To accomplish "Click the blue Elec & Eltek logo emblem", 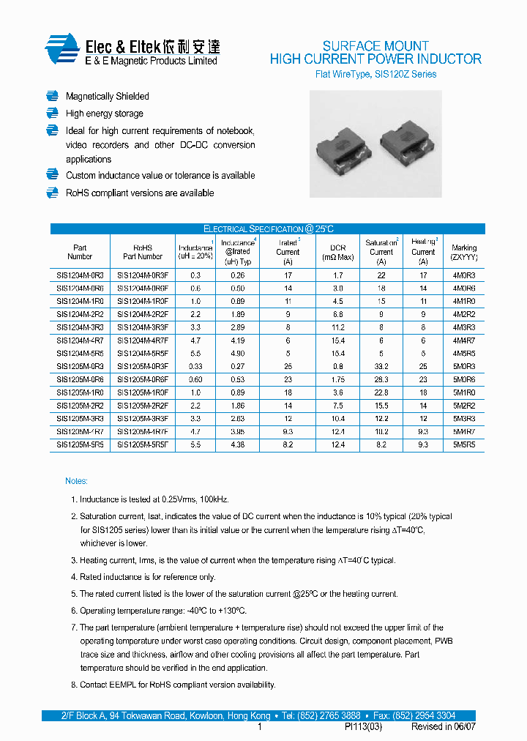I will [61, 50].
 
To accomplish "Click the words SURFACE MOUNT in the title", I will [375, 45].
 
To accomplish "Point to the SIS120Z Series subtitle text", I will [405, 74].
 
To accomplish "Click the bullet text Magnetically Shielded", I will [107, 97].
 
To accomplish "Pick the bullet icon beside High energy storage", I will [52, 113].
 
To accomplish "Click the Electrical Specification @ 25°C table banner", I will [268, 228].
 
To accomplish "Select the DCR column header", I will [337, 252].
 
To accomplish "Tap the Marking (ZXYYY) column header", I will [464, 253].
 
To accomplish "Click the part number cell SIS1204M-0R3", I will [80, 275].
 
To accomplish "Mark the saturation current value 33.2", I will [381, 366].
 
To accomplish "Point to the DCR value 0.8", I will [337, 366].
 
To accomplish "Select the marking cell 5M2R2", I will [464, 405].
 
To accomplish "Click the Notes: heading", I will [76, 481].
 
